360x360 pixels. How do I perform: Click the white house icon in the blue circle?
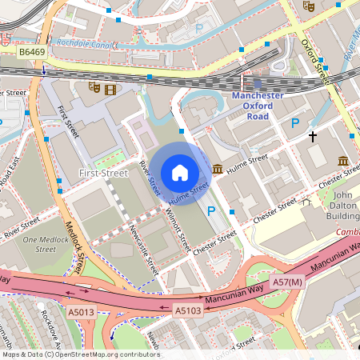pos(180,173)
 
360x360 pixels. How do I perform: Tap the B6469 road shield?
pos(32,51)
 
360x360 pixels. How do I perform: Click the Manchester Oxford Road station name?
pos(257,106)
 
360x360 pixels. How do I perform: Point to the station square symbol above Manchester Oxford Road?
pos(257,82)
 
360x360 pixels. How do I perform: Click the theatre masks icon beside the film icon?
pos(94,88)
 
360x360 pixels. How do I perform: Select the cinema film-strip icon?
pos(110,89)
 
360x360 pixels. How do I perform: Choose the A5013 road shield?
pos(80,311)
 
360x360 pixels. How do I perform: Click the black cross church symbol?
pos(313,137)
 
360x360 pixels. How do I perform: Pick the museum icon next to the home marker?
pos(218,168)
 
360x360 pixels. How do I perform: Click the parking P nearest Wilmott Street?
pos(212,211)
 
